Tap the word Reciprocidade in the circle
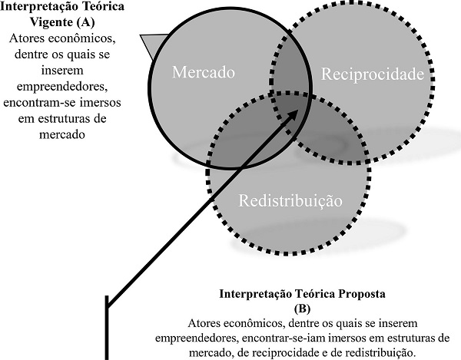(x=372, y=74)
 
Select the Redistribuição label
(x=290, y=202)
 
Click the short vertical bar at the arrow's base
(x=106, y=331)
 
